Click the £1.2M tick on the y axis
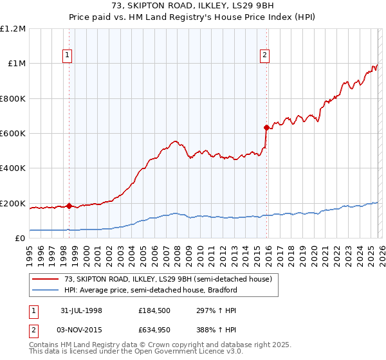[x=13, y=29]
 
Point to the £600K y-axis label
[x=13, y=134]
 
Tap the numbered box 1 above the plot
[x=69, y=56]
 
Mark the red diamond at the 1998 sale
[x=69, y=206]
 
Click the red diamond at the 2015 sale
[x=266, y=127]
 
